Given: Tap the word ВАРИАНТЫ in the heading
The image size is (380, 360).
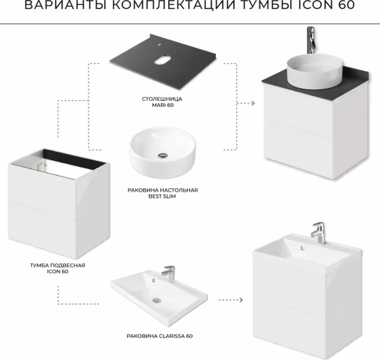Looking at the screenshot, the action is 66,5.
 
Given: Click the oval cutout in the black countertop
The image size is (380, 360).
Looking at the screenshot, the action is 162,61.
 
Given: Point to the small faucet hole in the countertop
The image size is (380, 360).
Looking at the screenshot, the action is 159,44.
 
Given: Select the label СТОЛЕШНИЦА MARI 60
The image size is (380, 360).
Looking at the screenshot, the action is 162,102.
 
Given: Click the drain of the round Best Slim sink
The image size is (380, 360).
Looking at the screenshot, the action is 163,155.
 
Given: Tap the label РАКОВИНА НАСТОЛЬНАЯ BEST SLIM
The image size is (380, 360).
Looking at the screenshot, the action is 162,194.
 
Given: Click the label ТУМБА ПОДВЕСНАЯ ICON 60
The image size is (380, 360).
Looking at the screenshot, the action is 57,269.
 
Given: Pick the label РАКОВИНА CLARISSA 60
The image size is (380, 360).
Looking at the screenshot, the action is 160,336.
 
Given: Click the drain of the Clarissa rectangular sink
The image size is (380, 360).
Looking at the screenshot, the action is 157,301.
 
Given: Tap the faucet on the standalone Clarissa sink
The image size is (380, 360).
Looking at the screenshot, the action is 168,273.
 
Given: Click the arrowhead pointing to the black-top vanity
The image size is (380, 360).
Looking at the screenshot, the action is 253,104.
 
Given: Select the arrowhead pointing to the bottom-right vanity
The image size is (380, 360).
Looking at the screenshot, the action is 240,300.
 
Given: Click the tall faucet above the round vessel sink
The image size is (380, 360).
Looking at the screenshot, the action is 311,40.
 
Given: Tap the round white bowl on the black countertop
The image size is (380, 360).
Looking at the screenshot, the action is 315,72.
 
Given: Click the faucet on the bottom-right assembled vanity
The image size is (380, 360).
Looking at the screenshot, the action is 319,233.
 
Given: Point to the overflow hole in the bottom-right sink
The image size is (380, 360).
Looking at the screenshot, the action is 302,247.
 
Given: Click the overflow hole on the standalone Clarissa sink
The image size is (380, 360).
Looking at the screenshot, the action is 153,280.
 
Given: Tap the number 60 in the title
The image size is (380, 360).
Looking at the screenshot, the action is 347,5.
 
